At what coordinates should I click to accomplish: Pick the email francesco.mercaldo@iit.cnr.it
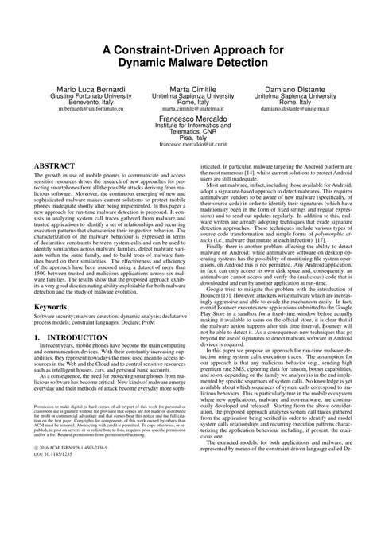click(188, 169)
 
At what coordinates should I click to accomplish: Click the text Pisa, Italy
click(188, 161)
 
